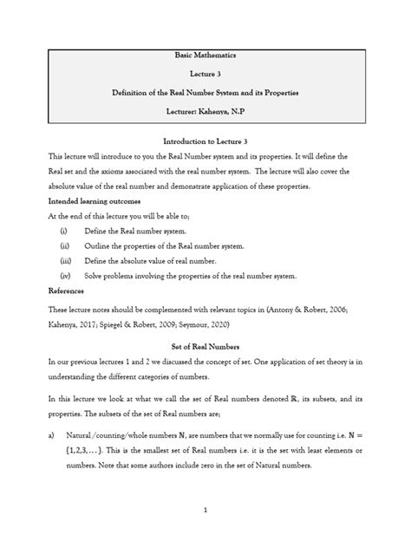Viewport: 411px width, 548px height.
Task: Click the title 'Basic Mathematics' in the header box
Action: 205,55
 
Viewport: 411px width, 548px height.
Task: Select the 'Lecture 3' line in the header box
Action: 205,74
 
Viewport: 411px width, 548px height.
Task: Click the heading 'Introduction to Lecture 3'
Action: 205,140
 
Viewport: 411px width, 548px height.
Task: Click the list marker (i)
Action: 62,232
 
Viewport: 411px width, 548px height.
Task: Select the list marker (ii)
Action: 63,246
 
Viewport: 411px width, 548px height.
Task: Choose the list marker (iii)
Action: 64,261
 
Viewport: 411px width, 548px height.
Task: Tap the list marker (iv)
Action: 64,276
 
